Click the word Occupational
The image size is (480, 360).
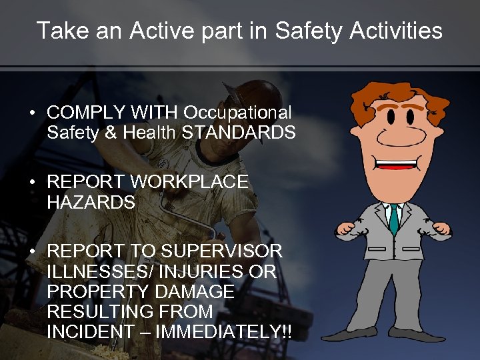click(238, 113)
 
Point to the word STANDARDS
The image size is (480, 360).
click(239, 133)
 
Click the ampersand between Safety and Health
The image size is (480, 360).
click(109, 133)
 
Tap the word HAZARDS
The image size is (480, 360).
click(91, 201)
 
